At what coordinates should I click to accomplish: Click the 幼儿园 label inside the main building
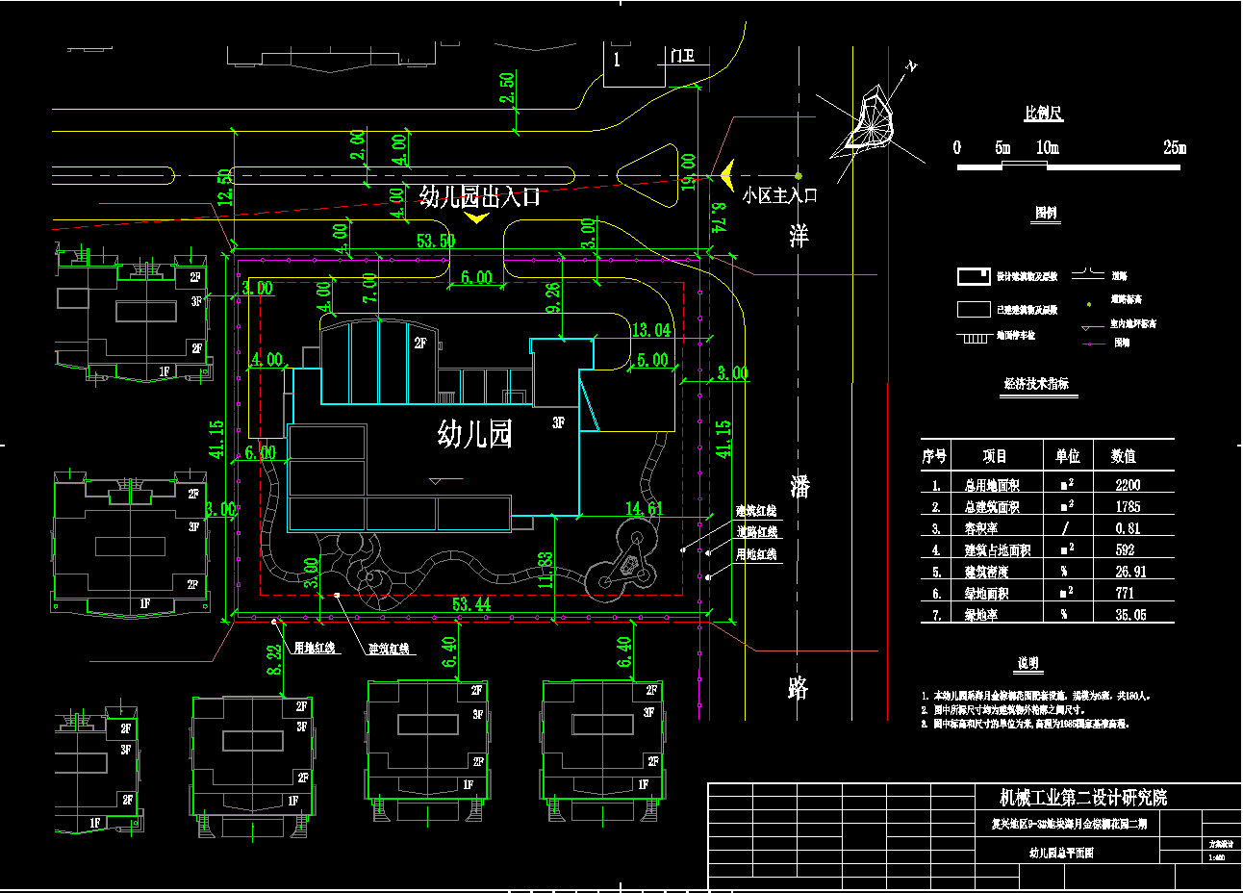474,434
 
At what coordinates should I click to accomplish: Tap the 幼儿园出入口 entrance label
480,197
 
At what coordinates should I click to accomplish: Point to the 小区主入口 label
779,195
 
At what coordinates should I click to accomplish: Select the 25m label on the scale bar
1175,147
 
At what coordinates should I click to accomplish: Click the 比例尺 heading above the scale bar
1044,114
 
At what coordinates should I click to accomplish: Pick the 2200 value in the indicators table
1128,485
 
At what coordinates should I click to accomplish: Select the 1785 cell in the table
1128,507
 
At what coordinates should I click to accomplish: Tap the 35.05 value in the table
1130,615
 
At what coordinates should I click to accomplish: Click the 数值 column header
1124,456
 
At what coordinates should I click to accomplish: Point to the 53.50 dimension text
436,241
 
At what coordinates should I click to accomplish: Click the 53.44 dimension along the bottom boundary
470,604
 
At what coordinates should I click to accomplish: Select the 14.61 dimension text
644,508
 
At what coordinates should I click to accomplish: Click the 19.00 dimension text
689,171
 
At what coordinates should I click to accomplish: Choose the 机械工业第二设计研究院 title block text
1083,798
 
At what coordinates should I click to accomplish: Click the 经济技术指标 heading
1036,384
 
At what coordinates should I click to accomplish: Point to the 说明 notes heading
1028,664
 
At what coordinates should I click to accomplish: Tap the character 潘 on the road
799,486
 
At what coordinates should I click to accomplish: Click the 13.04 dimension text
650,330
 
